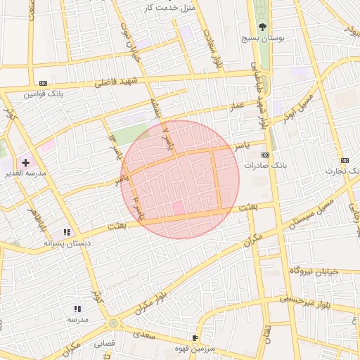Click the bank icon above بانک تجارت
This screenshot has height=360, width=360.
point(345,160)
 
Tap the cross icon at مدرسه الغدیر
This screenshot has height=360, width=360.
point(26,162)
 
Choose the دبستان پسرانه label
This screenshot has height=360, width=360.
point(65,243)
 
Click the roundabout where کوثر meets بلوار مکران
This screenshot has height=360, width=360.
point(112,323)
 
